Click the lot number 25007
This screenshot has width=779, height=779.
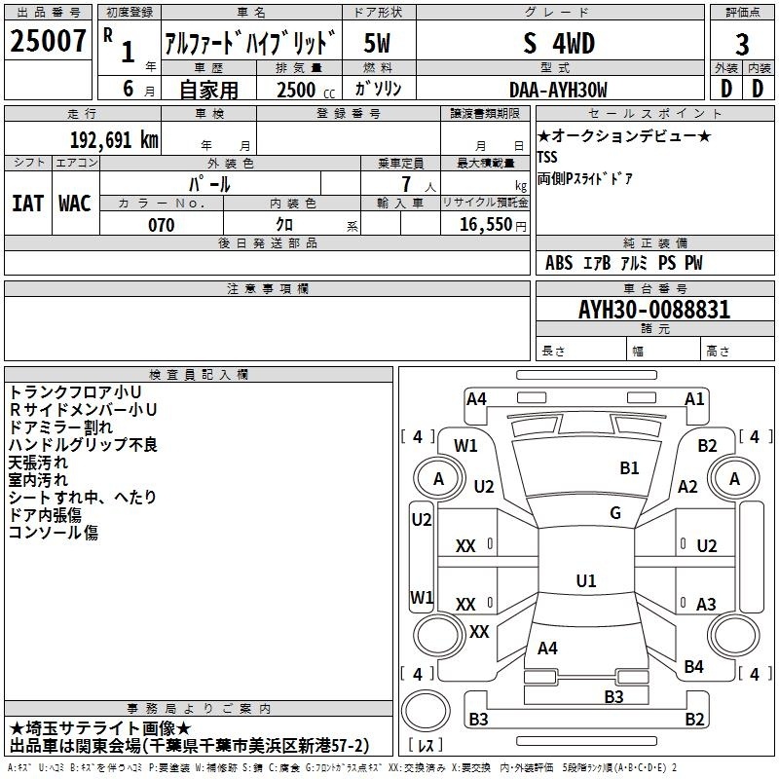coord(48,41)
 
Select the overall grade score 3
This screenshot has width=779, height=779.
coord(742,44)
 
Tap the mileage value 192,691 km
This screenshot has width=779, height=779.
coord(114,140)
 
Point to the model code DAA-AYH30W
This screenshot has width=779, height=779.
coord(558,90)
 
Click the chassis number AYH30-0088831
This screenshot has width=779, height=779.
coord(654,310)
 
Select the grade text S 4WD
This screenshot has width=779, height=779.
coord(559,43)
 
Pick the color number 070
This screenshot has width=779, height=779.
coord(162,225)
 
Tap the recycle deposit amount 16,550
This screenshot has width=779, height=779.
coord(486,224)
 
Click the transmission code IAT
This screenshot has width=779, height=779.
coord(28,204)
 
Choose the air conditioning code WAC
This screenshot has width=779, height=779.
coord(75,204)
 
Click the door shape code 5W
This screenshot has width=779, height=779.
coord(377,43)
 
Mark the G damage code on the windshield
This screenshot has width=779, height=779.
coord(615,513)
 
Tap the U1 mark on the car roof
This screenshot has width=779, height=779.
coord(586,580)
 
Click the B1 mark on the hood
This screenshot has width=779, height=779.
coord(629,468)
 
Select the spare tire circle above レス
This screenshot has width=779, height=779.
coord(426,711)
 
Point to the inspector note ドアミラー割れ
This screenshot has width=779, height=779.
coord(60,427)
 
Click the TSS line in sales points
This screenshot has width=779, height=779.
coord(547,157)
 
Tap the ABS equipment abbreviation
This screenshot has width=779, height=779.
coord(559,263)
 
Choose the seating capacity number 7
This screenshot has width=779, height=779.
coord(406,184)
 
